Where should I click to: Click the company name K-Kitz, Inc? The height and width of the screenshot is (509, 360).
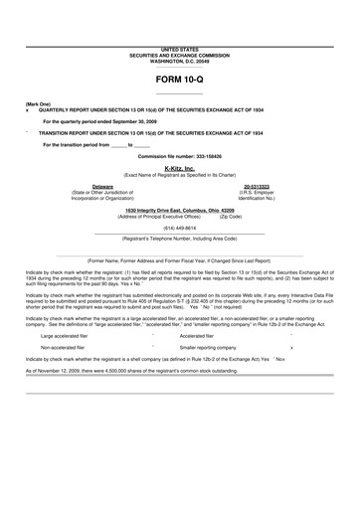point(179,168)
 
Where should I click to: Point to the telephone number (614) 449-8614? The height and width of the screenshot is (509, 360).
point(179,228)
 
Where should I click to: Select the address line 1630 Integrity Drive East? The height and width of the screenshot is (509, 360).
point(179,211)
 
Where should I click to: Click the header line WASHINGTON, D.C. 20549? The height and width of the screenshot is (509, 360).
point(179,58)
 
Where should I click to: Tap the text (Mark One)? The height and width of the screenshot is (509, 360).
point(41,104)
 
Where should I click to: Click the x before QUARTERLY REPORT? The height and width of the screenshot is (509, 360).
point(27,110)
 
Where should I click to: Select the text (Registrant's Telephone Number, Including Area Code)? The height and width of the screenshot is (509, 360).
point(179,239)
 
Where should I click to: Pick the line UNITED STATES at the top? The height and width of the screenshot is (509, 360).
point(179,47)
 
